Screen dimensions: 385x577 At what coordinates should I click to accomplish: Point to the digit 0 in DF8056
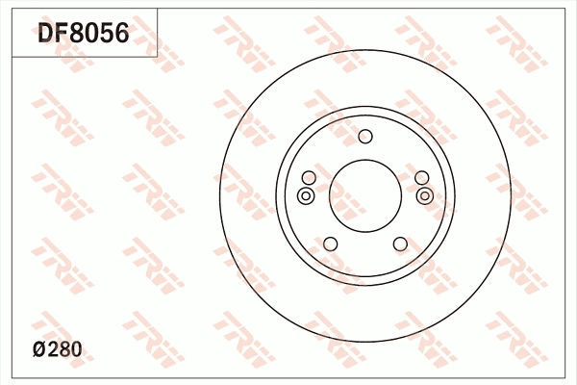coord(93,35)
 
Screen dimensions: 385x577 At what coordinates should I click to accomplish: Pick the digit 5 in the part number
coord(108,35)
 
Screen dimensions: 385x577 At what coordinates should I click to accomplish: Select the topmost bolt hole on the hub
coord(364,136)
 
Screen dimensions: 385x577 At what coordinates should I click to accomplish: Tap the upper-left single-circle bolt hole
coord(308,178)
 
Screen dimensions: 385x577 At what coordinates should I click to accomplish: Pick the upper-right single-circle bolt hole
coord(421,178)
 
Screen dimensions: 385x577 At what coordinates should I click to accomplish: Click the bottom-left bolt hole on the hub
coord(330,244)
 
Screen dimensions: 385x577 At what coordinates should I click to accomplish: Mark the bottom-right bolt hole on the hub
coord(399,244)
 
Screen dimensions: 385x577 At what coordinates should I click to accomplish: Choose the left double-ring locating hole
coord(305,196)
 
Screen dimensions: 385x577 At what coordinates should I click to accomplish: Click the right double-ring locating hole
coord(425,196)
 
